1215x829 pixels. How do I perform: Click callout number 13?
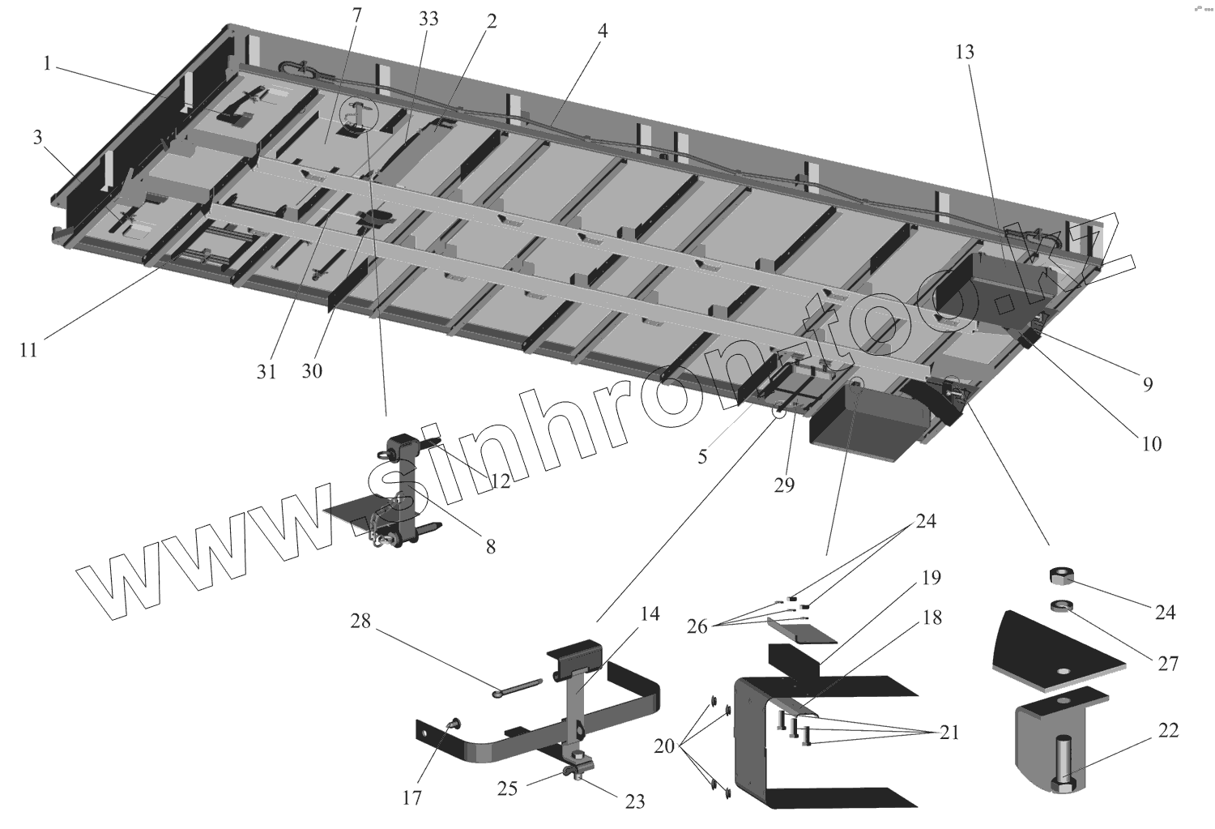[x=964, y=53]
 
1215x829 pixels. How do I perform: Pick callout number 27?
[x=1167, y=663]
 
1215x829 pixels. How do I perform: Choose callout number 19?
[x=931, y=578]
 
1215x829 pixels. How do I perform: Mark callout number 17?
[x=412, y=798]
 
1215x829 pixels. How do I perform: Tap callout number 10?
[x=1151, y=443]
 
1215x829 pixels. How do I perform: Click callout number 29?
[x=784, y=485]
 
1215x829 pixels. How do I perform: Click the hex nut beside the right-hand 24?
[x=1061, y=576]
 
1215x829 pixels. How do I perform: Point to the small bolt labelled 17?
[x=454, y=724]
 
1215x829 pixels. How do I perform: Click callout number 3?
[x=38, y=138]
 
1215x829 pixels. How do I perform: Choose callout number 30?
[x=312, y=370]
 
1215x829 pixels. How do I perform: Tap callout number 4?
[x=603, y=31]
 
